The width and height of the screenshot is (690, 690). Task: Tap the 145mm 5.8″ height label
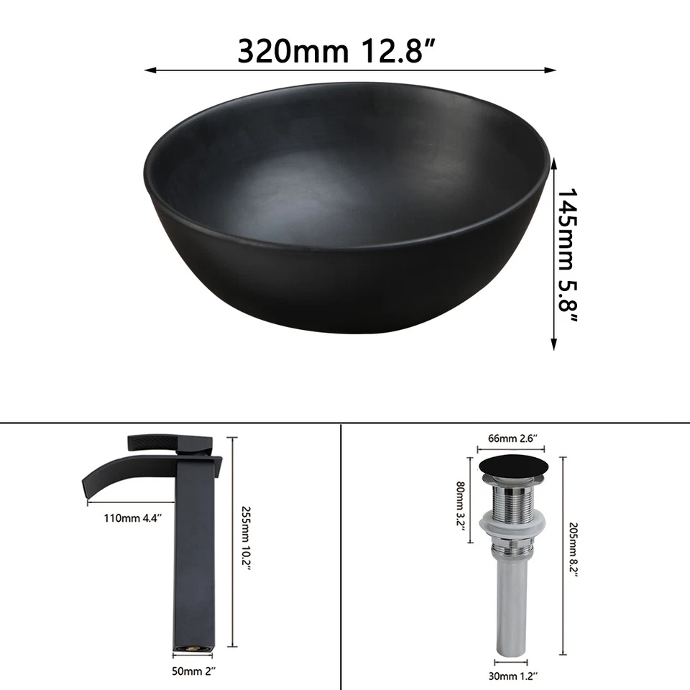571,254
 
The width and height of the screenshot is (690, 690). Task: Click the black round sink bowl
347,216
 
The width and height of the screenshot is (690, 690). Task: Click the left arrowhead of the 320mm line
149,70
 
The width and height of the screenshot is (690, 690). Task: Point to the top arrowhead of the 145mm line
554,162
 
